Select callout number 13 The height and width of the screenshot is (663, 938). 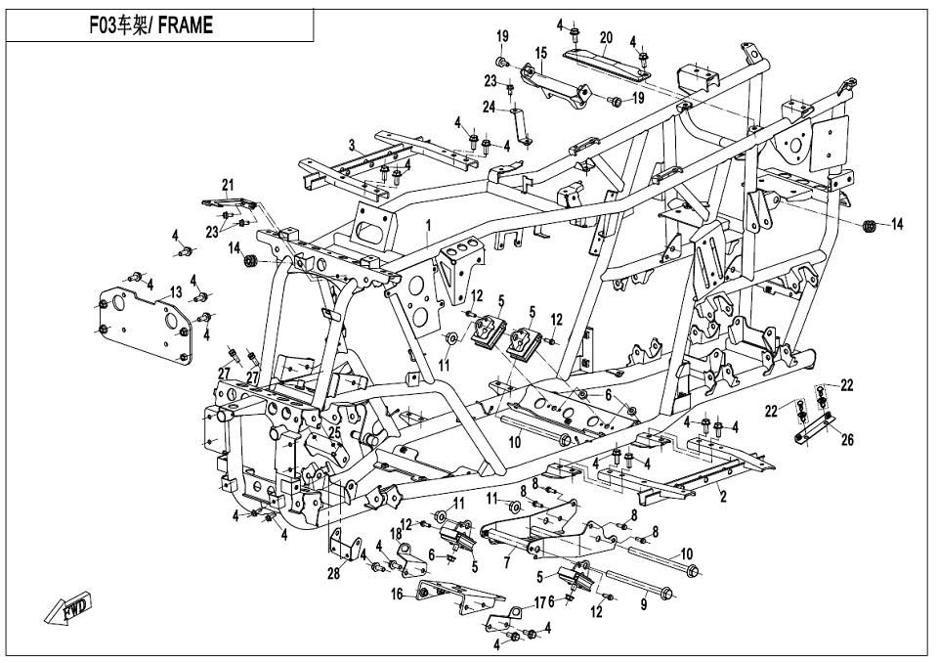(x=176, y=291)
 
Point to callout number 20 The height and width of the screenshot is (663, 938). (x=606, y=37)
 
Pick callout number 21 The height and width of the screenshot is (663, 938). (x=228, y=185)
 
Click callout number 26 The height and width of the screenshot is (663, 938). (x=846, y=440)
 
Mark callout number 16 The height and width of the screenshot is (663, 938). (x=397, y=594)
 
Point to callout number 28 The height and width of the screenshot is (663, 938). (x=334, y=574)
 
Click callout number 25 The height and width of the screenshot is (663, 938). (x=334, y=430)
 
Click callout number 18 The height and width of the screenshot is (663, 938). (x=398, y=534)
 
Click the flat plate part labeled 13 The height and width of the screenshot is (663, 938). (x=142, y=313)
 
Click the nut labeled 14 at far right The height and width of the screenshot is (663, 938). (x=869, y=226)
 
